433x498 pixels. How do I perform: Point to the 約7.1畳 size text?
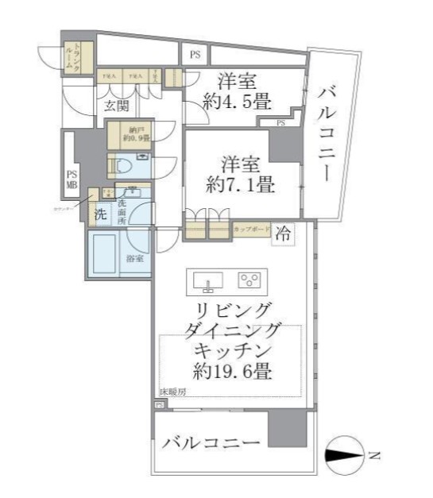click(241, 186)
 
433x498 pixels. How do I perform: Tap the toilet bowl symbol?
click(121, 167)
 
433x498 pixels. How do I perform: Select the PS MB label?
click(72, 180)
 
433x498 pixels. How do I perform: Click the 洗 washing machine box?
click(100, 214)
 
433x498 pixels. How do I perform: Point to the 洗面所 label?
click(122, 211)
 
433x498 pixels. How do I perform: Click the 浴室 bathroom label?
click(134, 257)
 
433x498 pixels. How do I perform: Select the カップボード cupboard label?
click(250, 230)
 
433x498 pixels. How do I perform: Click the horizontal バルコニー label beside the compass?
click(211, 442)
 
